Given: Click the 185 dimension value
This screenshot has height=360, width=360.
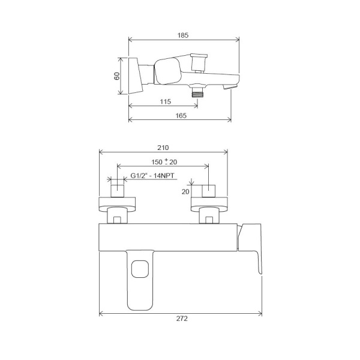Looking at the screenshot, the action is point(183,35).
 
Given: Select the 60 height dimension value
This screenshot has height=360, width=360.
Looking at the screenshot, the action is point(117,76).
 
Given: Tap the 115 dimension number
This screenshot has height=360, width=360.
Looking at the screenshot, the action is point(166,101).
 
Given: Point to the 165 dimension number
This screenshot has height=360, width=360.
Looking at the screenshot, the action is point(181,115).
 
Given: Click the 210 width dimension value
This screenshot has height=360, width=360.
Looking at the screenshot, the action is point(163,148).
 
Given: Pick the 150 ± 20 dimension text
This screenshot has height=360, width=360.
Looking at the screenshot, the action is point(164,161).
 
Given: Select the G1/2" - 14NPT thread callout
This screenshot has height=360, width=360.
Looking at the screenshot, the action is point(152,176).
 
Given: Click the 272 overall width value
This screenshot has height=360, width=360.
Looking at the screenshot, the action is point(182,319).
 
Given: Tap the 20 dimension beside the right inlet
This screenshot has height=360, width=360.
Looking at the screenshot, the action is point(185,191).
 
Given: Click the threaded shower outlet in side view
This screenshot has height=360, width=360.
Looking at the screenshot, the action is point(197,92).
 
